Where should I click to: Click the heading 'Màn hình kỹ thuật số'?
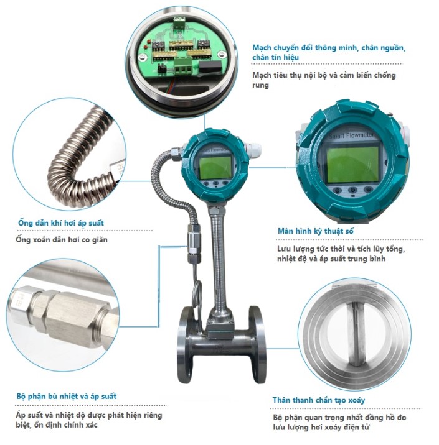[x=315, y=231]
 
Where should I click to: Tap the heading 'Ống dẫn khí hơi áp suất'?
[x=61, y=222]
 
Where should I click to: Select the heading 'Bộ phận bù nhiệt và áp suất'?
[x=67, y=396]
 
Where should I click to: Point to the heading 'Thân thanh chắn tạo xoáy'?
[x=319, y=400]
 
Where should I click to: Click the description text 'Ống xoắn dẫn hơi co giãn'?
[x=62, y=240]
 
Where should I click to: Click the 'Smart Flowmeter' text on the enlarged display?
[x=351, y=135]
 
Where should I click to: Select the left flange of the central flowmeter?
[x=186, y=344]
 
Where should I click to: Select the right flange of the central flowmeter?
[x=258, y=344]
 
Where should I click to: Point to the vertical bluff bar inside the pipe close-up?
[x=356, y=334]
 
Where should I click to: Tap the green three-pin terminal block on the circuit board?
[x=182, y=68]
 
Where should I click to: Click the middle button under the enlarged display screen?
[x=353, y=190]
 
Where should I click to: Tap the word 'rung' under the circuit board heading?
[x=260, y=85]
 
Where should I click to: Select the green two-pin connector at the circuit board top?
[x=180, y=23]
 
